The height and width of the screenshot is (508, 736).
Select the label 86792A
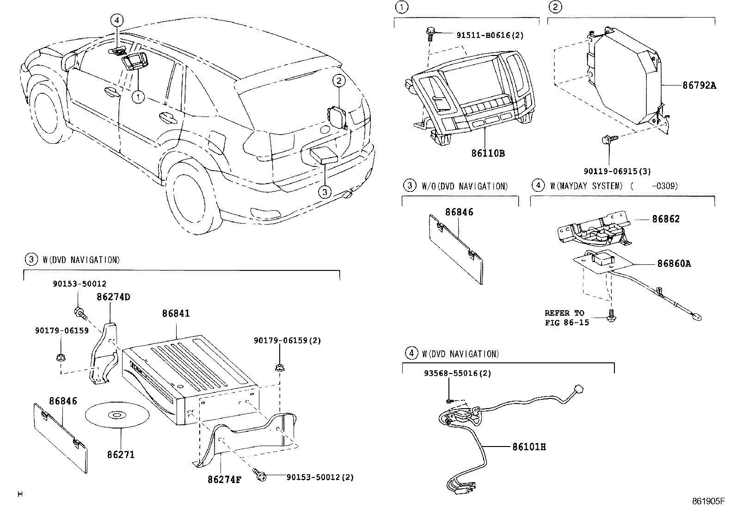pos(699,85)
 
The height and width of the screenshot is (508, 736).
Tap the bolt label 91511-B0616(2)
pos(490,35)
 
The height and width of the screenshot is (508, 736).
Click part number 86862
pos(666,219)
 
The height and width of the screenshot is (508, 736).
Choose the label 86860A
pos(674,263)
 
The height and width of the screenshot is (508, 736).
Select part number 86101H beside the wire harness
pos(529,447)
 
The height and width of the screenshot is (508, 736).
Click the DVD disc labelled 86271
pos(117,416)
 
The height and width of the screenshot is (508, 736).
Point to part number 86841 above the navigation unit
pos(176,313)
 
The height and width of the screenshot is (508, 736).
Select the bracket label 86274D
pos(113,297)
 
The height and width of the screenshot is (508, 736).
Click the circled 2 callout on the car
pos(339,81)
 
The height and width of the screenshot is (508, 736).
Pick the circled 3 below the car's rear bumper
pos(325,191)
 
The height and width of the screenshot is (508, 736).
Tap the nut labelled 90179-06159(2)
pos(279,368)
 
